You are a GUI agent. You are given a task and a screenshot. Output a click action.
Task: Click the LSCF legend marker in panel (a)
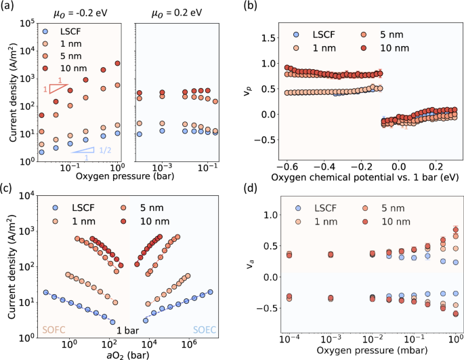point(45,31)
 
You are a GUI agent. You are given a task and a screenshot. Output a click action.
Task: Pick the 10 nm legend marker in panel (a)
point(45,70)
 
